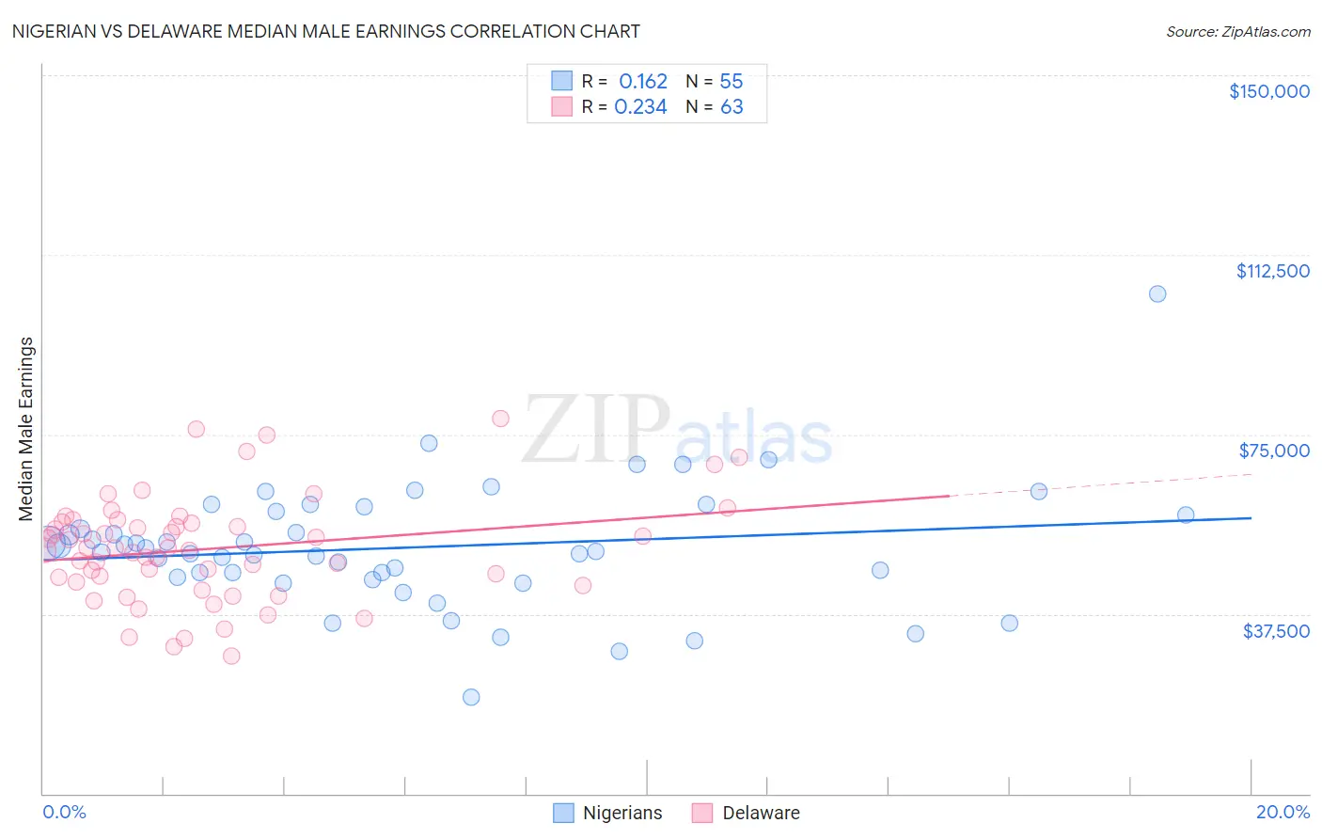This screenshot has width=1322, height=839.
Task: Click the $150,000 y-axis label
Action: pyautogui.click(x=1268, y=91)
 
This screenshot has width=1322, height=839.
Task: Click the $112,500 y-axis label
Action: pyautogui.click(x=1272, y=271)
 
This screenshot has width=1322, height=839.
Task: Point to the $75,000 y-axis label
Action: pyautogui.click(x=1273, y=451)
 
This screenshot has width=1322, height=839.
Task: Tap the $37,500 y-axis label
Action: pyautogui.click(x=1275, y=631)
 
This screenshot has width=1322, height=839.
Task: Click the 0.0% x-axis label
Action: pyautogui.click(x=64, y=813)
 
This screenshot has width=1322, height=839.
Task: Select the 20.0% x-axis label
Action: pyautogui.click(x=1283, y=813)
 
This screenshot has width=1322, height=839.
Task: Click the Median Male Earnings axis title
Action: pyautogui.click(x=25, y=429)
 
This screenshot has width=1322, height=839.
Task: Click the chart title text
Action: pyautogui.click(x=325, y=31)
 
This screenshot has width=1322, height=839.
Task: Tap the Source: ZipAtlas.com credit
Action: pyautogui.click(x=1237, y=32)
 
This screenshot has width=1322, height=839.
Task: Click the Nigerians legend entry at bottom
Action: pyautogui.click(x=622, y=814)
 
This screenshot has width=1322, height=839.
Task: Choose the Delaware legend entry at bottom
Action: pyautogui.click(x=760, y=814)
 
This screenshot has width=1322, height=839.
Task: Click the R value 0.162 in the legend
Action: pyautogui.click(x=642, y=82)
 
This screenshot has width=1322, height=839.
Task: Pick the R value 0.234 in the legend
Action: pyautogui.click(x=640, y=107)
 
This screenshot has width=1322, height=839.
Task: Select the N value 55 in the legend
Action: pyautogui.click(x=731, y=82)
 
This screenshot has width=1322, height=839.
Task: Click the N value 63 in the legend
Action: pyautogui.click(x=731, y=107)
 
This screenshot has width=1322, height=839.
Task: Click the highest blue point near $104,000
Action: pyautogui.click(x=1157, y=293)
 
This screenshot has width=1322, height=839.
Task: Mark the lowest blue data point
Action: pyautogui.click(x=471, y=697)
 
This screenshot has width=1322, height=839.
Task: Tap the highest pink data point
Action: pyautogui.click(x=500, y=419)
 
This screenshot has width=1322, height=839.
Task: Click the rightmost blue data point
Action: pyautogui.click(x=1186, y=514)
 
